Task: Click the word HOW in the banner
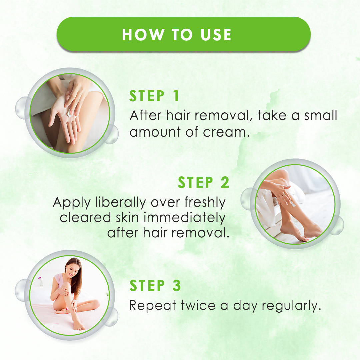point(143,35)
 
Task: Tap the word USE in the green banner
point(216,35)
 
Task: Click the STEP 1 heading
point(154,96)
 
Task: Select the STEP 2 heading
point(203,182)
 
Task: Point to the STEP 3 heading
point(155,285)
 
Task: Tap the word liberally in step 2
point(121,203)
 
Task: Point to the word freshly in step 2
point(205,203)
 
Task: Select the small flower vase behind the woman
point(41,282)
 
